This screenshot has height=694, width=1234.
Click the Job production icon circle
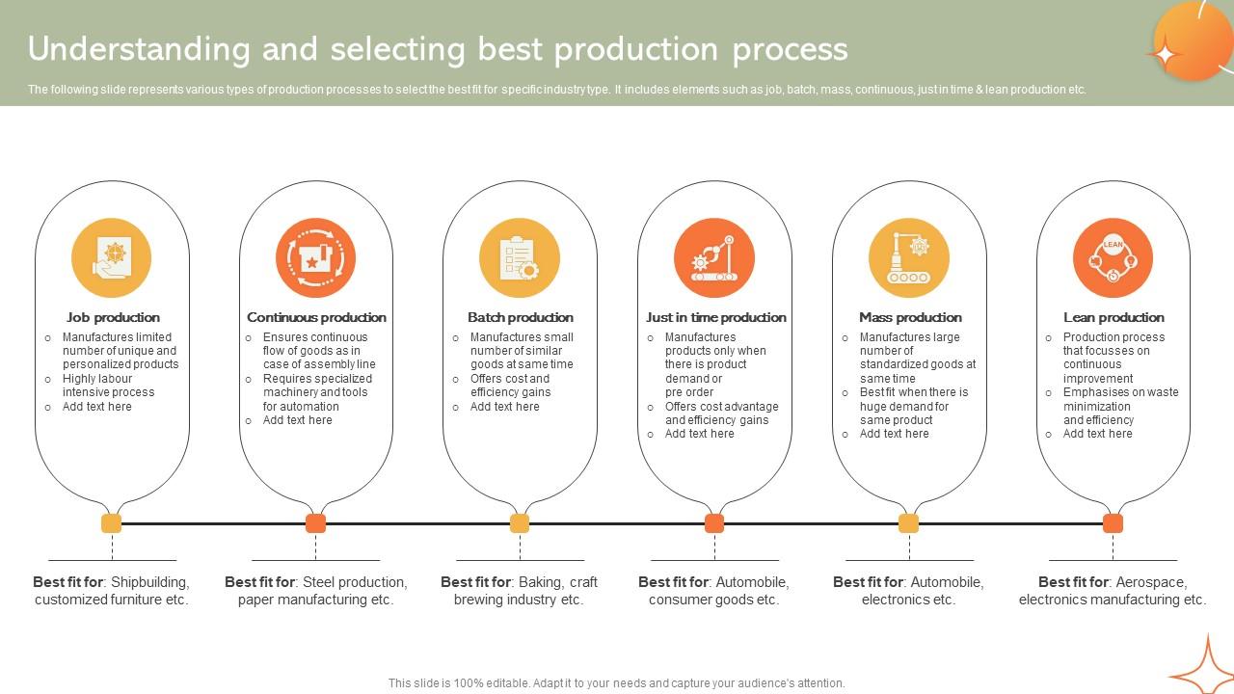point(112,258)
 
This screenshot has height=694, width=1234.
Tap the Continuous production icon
point(315,258)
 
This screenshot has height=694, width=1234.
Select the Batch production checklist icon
point(520,258)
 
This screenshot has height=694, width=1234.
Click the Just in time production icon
point(714,258)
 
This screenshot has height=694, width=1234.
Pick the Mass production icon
point(909,258)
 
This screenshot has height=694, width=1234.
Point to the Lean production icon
point(1113,258)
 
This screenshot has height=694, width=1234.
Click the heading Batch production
point(520,317)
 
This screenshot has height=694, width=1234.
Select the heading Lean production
point(1113,317)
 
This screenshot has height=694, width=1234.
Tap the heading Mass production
point(909,317)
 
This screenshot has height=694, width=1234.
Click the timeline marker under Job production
point(112,523)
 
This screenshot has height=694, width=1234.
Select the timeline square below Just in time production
point(714,523)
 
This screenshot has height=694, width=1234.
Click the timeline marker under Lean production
point(1113,523)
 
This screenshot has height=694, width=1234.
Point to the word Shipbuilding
point(149,582)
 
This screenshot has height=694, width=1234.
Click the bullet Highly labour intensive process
point(108,386)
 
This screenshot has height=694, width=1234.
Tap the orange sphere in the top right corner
point(1193,40)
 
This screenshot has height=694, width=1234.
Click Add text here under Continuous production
point(297,420)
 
